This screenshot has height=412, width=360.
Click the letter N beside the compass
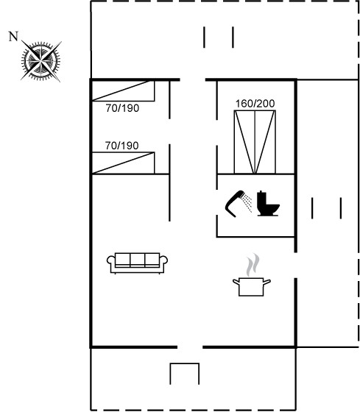click(13, 37)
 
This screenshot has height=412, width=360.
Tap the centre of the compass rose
click(40, 62)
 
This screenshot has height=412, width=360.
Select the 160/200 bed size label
click(255, 104)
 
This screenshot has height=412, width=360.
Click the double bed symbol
click(255, 142)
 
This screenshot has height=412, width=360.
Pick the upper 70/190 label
click(122, 108)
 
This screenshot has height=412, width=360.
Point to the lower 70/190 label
click(121, 146)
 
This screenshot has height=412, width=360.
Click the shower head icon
click(239, 203)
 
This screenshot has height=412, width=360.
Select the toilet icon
click(268, 203)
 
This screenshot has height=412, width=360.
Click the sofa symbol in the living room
click(137, 263)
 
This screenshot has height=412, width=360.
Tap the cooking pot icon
click(252, 287)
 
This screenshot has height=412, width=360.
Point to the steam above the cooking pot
click(253, 265)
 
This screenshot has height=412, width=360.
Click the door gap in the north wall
click(193, 79)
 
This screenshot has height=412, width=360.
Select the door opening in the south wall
click(190, 347)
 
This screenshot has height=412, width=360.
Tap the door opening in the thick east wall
click(295, 265)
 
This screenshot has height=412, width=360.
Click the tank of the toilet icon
click(261, 199)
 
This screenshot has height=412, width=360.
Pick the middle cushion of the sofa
click(137, 260)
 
